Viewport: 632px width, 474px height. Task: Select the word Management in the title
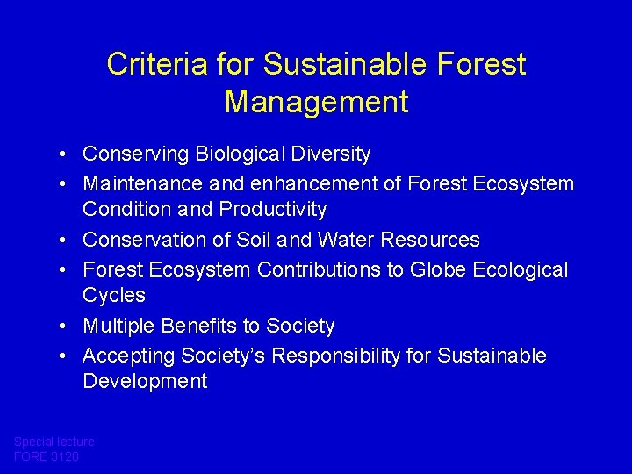(x=316, y=102)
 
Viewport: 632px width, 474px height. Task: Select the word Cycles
(x=114, y=295)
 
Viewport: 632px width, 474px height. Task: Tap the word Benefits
(x=200, y=327)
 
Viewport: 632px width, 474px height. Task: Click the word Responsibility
(x=375, y=355)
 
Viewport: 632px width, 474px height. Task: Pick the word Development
(x=145, y=381)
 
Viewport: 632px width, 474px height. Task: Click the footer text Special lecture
(x=54, y=442)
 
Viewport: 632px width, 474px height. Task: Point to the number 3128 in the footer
(x=64, y=456)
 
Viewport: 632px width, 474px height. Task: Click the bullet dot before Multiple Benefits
(x=66, y=327)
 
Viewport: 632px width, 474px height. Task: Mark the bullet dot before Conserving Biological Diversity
(x=66, y=154)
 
